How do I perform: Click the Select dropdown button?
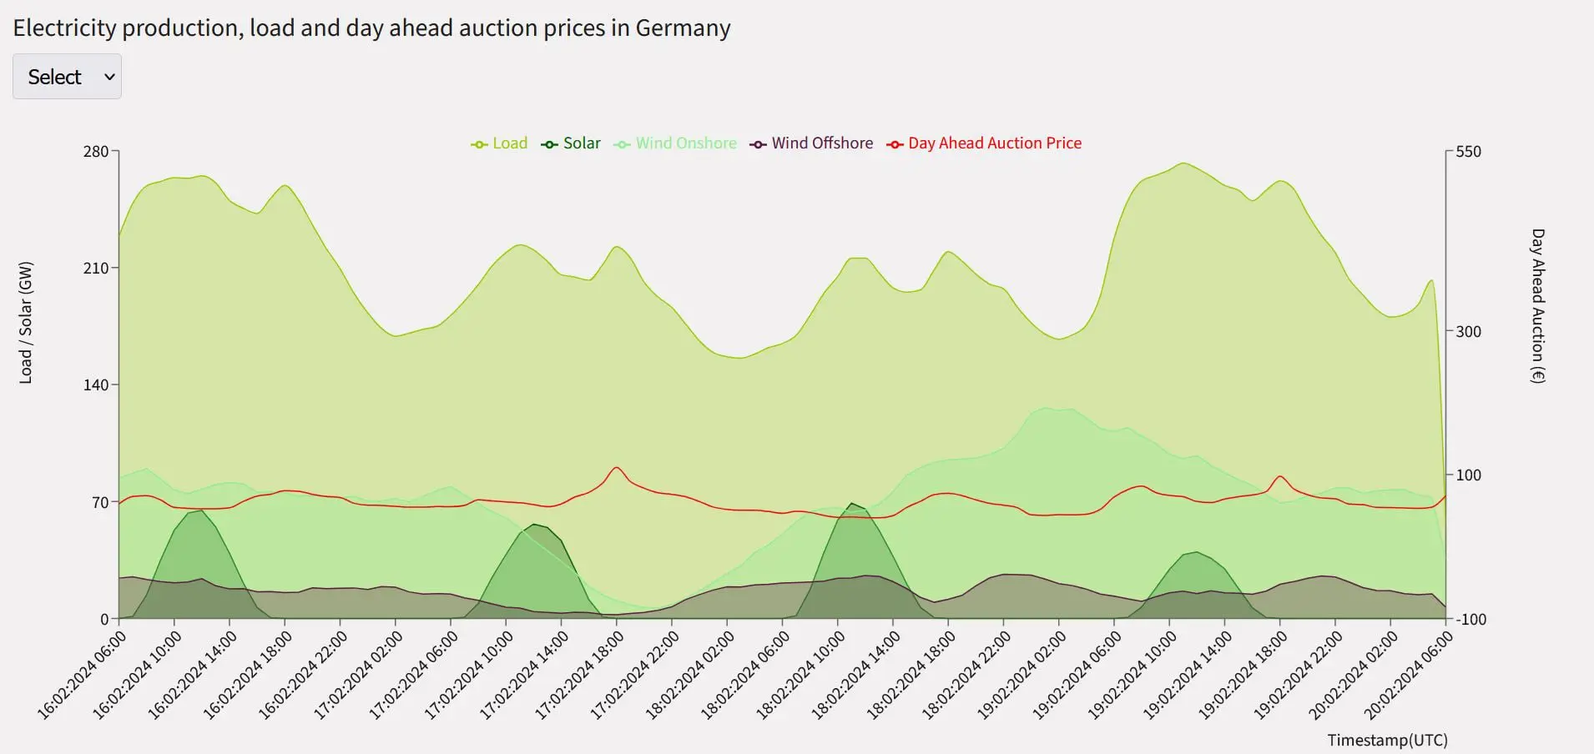pos(67,77)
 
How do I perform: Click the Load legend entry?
pos(500,143)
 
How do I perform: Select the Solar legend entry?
pos(572,143)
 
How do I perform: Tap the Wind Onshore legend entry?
pos(676,143)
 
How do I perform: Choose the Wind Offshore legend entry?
pos(812,143)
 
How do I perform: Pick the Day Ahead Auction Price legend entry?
pos(985,143)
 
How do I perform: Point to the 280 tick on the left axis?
pos(96,152)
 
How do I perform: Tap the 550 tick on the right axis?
pos(1468,152)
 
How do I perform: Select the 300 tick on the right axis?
pos(1468,332)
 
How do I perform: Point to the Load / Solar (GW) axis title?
pos(26,323)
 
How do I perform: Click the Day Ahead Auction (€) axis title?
pos(1537,306)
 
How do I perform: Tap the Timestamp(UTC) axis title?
pos(1387,740)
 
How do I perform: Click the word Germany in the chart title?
pos(683,28)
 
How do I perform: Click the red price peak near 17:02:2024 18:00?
pos(616,467)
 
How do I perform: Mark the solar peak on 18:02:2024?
pos(851,503)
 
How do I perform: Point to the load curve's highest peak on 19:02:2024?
pos(1183,163)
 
